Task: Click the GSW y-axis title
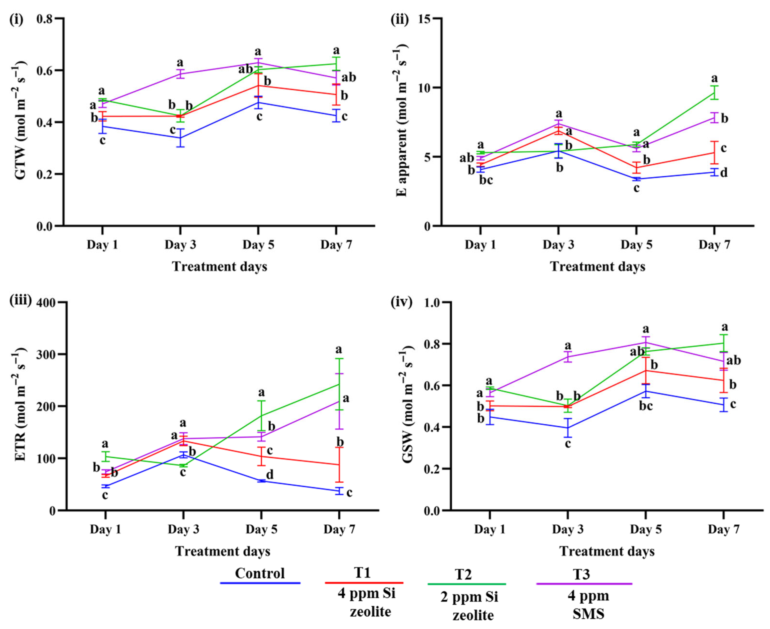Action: coord(407,407)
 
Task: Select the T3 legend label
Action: coord(581,574)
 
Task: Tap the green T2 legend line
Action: coord(467,584)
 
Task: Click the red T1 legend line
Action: coord(364,583)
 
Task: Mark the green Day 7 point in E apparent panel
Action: coord(714,92)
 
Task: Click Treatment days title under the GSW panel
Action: coord(607,551)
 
